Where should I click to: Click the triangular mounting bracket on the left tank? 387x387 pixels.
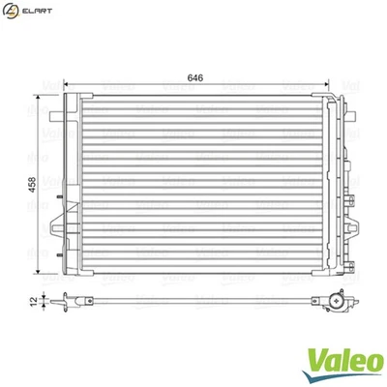(x=54, y=224)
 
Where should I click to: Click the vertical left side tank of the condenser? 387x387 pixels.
(x=66, y=184)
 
